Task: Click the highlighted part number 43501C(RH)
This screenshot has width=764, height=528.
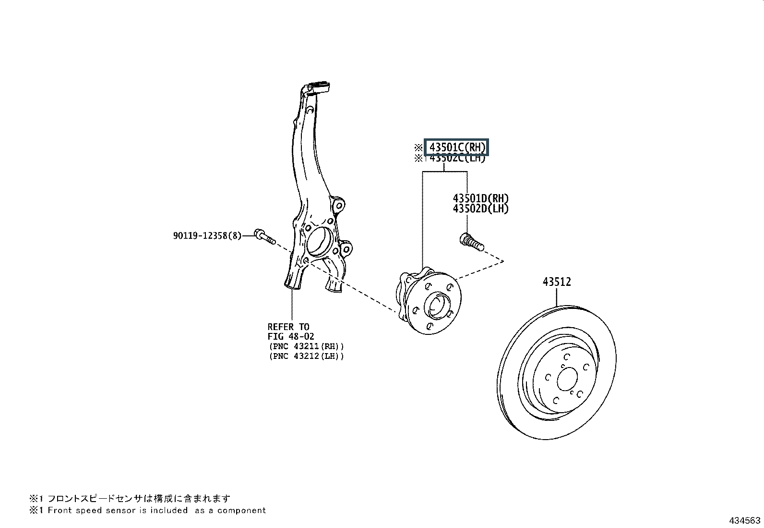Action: (x=456, y=147)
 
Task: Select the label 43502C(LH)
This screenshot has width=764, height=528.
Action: (x=457, y=158)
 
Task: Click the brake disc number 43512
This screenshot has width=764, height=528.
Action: (x=557, y=282)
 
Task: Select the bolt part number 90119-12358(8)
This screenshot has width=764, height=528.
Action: (x=207, y=236)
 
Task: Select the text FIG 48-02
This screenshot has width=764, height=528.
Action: (x=291, y=337)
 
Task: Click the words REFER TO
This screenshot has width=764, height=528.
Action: (x=288, y=327)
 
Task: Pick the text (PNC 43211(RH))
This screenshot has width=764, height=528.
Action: (x=306, y=346)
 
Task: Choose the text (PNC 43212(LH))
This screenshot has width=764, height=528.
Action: (x=306, y=356)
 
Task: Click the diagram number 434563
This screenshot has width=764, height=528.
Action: (x=744, y=520)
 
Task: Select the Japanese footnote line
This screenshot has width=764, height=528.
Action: (x=130, y=499)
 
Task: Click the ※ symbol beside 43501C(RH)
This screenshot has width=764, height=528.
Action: (x=418, y=147)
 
